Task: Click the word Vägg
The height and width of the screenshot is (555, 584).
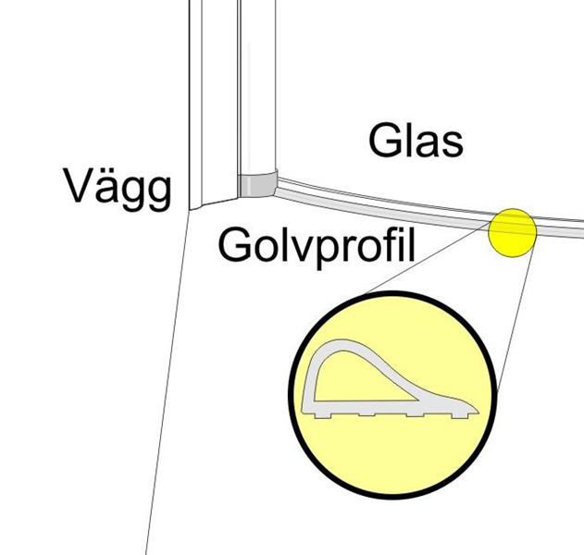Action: tap(118, 188)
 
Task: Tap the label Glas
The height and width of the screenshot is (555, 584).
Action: tap(416, 142)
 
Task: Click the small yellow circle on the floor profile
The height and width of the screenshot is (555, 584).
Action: tap(513, 232)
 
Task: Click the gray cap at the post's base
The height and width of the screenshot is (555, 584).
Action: tap(256, 183)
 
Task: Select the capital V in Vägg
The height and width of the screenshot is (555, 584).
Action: tap(81, 188)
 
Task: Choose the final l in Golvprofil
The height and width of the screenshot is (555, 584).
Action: tap(408, 243)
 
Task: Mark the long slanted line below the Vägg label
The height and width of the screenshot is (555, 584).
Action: tap(167, 388)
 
